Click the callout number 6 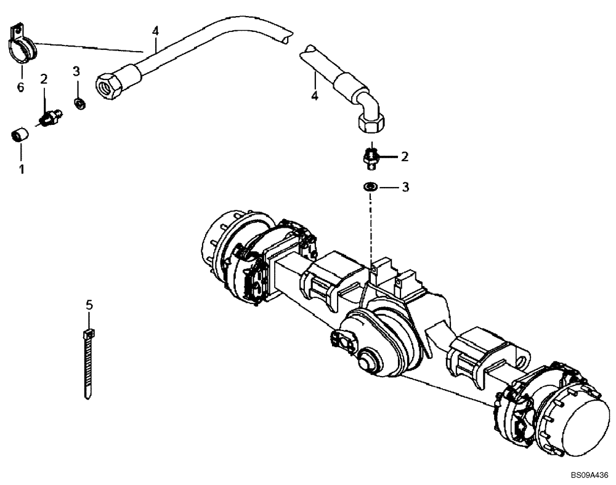pyautogui.click(x=21, y=87)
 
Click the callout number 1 pyautogui.click(x=22, y=168)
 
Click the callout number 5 pyautogui.click(x=89, y=304)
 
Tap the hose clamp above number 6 pyautogui.click(x=23, y=44)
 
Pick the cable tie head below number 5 pyautogui.click(x=87, y=335)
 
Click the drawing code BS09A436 pyautogui.click(x=589, y=475)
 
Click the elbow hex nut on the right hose pyautogui.click(x=371, y=125)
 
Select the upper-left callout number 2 pyautogui.click(x=44, y=79)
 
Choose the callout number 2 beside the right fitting pyautogui.click(x=405, y=157)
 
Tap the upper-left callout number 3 pyautogui.click(x=76, y=71)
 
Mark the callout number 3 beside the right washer pyautogui.click(x=405, y=186)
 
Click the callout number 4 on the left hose pyautogui.click(x=156, y=31)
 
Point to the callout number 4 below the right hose pyautogui.click(x=314, y=95)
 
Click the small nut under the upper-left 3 pyautogui.click(x=79, y=102)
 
